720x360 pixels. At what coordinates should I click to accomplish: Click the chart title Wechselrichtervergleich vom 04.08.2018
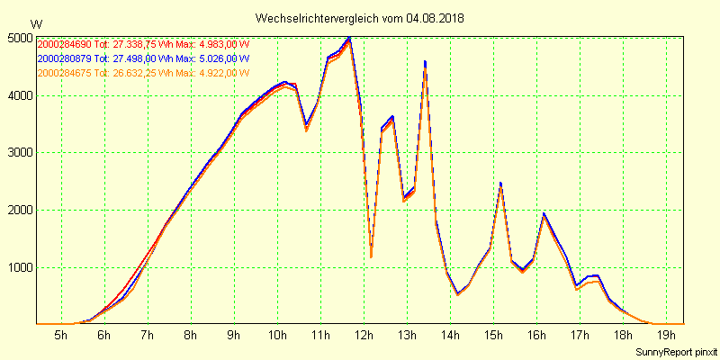coord(360,18)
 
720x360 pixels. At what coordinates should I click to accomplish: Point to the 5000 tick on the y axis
coord(19,38)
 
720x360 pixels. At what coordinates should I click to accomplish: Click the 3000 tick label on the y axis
coord(19,153)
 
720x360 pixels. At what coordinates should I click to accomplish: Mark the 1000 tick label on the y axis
coord(19,267)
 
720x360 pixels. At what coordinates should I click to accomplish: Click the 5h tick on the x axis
coord(61,336)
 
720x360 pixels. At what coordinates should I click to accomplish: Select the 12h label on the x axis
coord(364,336)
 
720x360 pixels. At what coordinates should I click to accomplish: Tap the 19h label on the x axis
coord(666,336)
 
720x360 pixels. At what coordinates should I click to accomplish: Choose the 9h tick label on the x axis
coord(234,336)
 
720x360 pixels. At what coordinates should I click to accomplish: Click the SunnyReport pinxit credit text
coord(674,351)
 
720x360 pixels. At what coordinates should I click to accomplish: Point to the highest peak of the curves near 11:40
coord(349,39)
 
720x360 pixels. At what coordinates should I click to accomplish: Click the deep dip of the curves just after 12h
coord(371,256)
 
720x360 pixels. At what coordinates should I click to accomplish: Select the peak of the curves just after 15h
coord(500,184)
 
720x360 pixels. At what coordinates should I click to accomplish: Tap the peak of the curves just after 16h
coord(544,214)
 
